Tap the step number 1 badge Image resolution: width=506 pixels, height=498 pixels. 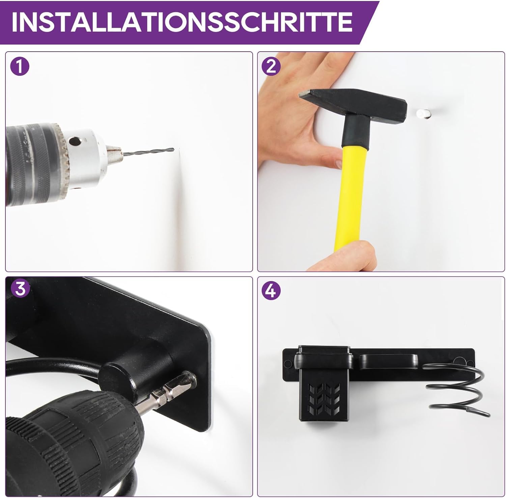click(x=20, y=66)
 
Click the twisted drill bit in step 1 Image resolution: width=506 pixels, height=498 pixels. click(x=148, y=151)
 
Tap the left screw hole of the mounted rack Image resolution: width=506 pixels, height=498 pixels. click(x=288, y=363)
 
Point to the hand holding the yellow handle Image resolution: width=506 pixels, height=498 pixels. click(x=341, y=256)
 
